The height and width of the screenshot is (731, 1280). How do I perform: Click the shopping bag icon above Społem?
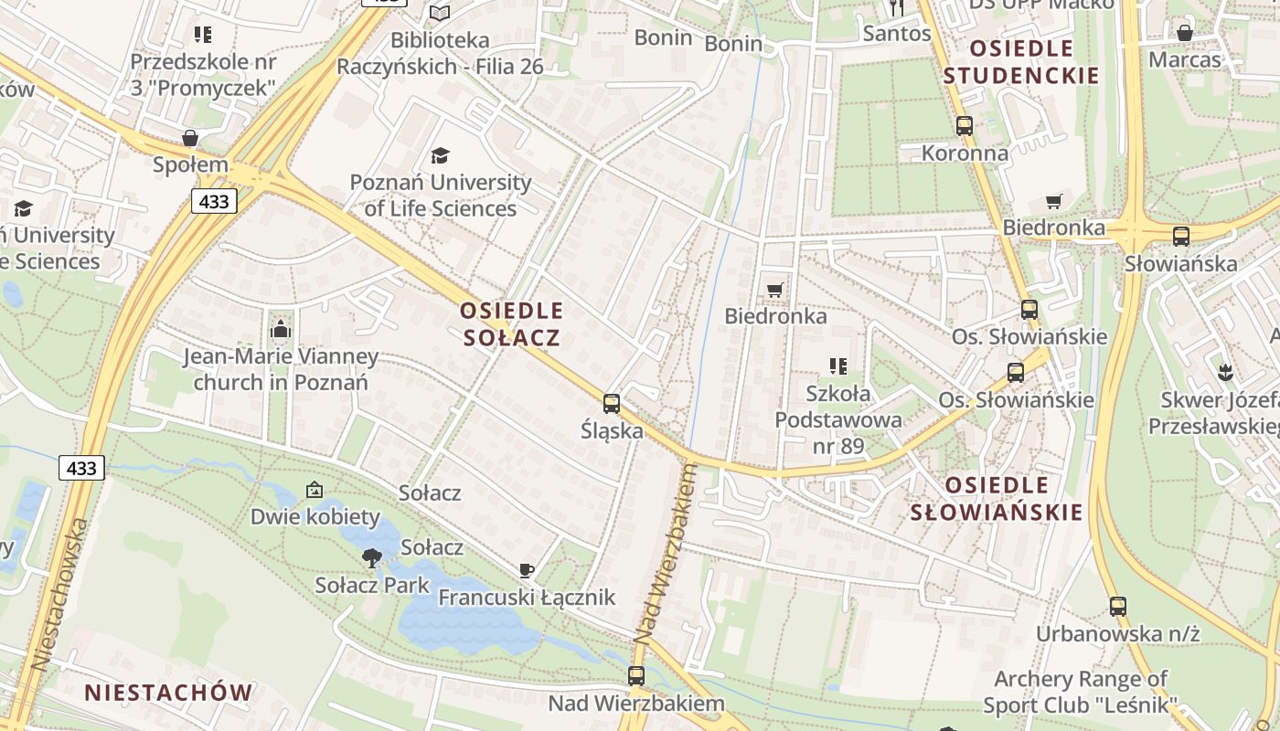point(190,138)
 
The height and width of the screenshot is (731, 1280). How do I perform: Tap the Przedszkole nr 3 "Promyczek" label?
point(203,75)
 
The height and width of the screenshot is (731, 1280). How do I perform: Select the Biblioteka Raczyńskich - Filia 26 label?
point(440,53)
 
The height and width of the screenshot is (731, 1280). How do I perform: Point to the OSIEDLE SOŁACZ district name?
point(511,324)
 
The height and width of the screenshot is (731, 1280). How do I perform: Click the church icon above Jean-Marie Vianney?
point(281,329)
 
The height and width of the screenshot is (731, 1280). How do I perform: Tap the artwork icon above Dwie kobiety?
point(315,490)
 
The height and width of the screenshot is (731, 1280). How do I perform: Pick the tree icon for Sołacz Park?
point(371,557)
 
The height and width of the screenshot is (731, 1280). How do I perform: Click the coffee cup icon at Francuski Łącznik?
point(527,570)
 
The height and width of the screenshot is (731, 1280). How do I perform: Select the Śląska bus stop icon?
point(612,403)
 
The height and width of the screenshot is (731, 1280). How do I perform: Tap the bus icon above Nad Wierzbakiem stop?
point(636,676)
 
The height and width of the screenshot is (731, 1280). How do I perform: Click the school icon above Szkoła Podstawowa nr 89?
point(838,366)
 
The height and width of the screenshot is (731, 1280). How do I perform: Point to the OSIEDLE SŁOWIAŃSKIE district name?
point(997,498)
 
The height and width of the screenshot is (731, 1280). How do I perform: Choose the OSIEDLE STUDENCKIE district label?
point(1020,62)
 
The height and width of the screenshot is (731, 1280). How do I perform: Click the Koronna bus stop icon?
point(965,126)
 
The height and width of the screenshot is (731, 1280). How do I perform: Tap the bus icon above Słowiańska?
point(1181,237)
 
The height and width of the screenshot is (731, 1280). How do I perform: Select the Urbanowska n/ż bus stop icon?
point(1117,606)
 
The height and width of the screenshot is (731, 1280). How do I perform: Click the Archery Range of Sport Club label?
point(1080,692)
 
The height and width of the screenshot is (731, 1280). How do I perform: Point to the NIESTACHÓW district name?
point(168,693)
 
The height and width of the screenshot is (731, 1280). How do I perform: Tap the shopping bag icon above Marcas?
point(1185,33)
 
